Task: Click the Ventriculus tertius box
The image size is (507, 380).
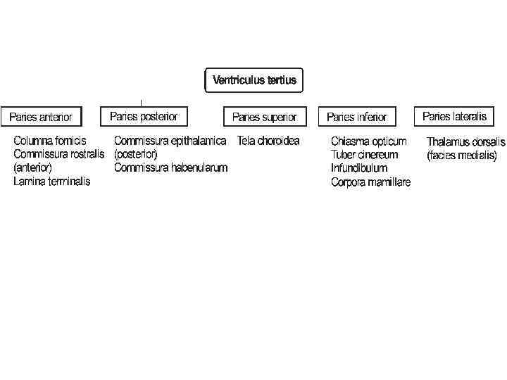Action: pos(254,80)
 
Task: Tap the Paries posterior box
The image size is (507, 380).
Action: pos(144,116)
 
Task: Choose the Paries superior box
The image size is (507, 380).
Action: pos(264,117)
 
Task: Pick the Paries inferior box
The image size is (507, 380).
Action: pos(357,117)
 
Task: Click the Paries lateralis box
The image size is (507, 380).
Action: pos(454,116)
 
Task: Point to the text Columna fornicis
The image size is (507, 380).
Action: pos(50,141)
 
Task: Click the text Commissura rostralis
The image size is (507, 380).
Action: pos(59,154)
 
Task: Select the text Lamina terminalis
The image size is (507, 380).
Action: pos(52,182)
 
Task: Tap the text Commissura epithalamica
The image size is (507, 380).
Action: pos(170,141)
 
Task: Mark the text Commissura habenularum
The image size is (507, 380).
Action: pos(170,168)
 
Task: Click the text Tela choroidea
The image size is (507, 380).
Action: pos(268,141)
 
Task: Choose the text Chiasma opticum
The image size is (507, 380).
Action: pos(368,141)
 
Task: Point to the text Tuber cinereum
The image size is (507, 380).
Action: pos(364,155)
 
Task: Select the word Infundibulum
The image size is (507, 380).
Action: pos(359,169)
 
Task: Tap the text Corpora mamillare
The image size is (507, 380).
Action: pos(370,183)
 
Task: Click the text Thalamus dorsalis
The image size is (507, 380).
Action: pos(465,142)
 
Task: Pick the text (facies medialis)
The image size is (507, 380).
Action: pos(461,156)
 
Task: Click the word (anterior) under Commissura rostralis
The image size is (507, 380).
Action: pos(32,168)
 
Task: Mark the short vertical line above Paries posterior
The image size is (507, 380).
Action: pos(142,103)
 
